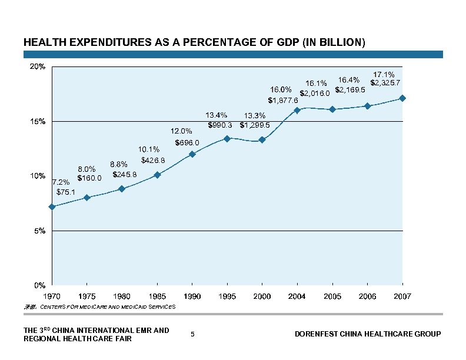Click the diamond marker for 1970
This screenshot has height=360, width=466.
click(52, 207)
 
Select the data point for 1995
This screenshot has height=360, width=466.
click(227, 139)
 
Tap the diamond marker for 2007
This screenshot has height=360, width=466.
click(402, 98)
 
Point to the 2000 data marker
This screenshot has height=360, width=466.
click(262, 140)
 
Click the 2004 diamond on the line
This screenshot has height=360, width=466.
click(297, 110)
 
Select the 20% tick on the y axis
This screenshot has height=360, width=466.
click(38, 67)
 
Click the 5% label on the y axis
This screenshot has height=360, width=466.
click(39, 231)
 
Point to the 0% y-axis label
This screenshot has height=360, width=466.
click(39, 285)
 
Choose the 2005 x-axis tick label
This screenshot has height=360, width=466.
click(332, 296)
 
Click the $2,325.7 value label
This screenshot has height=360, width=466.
click(385, 82)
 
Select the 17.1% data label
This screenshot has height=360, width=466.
click(384, 75)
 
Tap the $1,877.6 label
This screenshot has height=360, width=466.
click(283, 100)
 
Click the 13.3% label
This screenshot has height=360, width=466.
click(255, 116)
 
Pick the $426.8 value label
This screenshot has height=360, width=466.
click(153, 160)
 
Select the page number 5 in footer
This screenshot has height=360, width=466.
click(193, 334)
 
